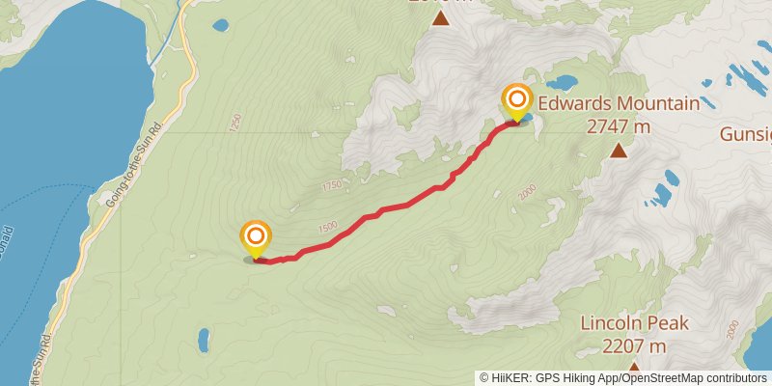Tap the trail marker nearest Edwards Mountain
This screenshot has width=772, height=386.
tap(518, 100)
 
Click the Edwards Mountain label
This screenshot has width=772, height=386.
tap(618, 102)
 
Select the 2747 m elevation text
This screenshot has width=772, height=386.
tap(618, 125)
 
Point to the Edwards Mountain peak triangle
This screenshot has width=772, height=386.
tap(619, 150)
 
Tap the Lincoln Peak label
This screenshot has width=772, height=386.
tap(636, 323)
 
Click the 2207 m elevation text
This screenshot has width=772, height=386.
tap(636, 345)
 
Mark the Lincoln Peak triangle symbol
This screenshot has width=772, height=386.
tap(634, 368)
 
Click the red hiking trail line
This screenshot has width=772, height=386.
tap(386, 209)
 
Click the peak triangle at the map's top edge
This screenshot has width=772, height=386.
tap(441, 17)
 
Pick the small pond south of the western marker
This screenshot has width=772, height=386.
tap(204, 340)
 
